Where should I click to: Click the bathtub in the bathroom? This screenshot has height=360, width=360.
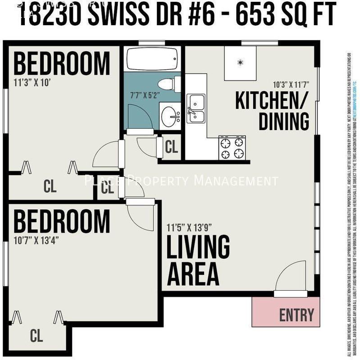151,59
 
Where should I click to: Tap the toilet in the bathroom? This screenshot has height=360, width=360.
169,84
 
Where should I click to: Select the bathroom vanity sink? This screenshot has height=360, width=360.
170,117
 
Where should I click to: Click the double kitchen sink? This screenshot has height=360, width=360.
196,108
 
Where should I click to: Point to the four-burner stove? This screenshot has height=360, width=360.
232,148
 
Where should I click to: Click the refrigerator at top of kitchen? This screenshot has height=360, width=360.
240,63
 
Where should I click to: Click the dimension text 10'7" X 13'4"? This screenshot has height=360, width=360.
36,239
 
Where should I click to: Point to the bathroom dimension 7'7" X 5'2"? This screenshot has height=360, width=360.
141,96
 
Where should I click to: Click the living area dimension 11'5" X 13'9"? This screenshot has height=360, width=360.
189,227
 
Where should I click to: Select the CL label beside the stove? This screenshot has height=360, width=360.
171,147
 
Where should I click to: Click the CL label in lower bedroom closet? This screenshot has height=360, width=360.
36,335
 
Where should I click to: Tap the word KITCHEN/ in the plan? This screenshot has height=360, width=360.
270,101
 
